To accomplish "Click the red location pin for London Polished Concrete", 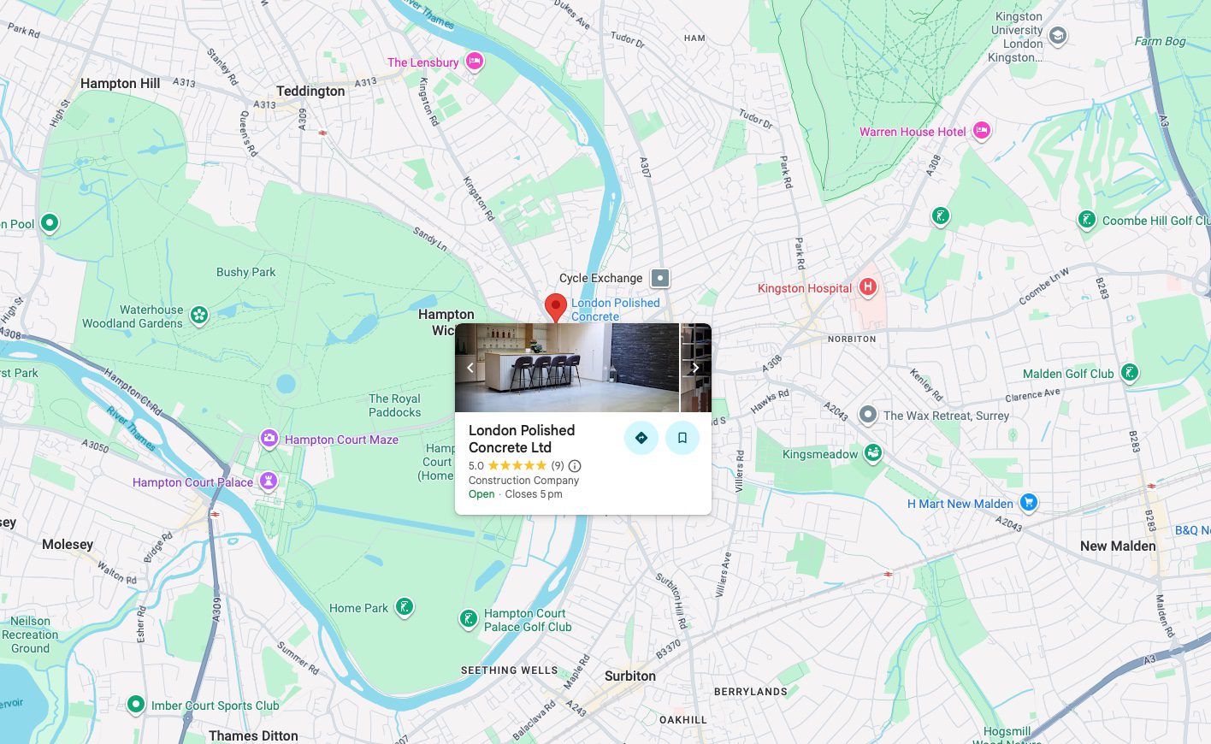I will pyautogui.click(x=556, y=306).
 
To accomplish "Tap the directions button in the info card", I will pyautogui.click(x=641, y=438).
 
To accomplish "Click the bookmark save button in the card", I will pyautogui.click(x=682, y=438).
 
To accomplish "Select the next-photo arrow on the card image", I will pyautogui.click(x=695, y=368).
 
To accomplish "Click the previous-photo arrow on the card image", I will pyautogui.click(x=470, y=368).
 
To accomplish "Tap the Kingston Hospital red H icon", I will pyautogui.click(x=868, y=287).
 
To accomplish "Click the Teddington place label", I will pyautogui.click(x=310, y=91).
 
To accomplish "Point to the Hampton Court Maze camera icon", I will pyautogui.click(x=269, y=439).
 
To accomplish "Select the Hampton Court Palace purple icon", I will pyautogui.click(x=269, y=481).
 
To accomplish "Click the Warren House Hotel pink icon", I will pyautogui.click(x=982, y=131).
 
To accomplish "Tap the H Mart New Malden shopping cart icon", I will pyautogui.click(x=1029, y=503).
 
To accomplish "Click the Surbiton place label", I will pyautogui.click(x=630, y=676).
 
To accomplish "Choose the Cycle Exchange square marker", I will pyautogui.click(x=659, y=278).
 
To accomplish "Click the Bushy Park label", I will pyautogui.click(x=245, y=272).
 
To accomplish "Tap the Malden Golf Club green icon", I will pyautogui.click(x=1130, y=373).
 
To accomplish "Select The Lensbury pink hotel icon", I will pyautogui.click(x=474, y=62).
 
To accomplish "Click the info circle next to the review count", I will pyautogui.click(x=575, y=466).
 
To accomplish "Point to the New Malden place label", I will pyautogui.click(x=1118, y=546).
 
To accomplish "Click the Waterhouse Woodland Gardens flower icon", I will pyautogui.click(x=199, y=316).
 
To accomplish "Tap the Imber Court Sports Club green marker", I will pyautogui.click(x=135, y=705).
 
